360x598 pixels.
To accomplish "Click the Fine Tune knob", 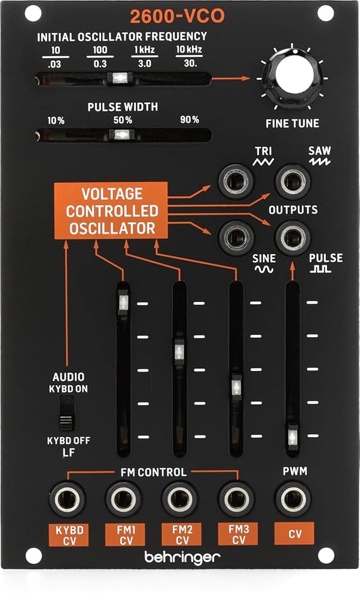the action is pyautogui.click(x=293, y=78).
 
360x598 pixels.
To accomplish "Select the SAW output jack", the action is pyautogui.click(x=292, y=179).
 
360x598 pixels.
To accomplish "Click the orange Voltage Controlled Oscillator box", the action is pyautogui.click(x=112, y=210).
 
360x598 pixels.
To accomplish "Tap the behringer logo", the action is pyautogui.click(x=182, y=557).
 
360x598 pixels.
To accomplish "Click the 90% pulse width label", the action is pyautogui.click(x=189, y=120).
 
